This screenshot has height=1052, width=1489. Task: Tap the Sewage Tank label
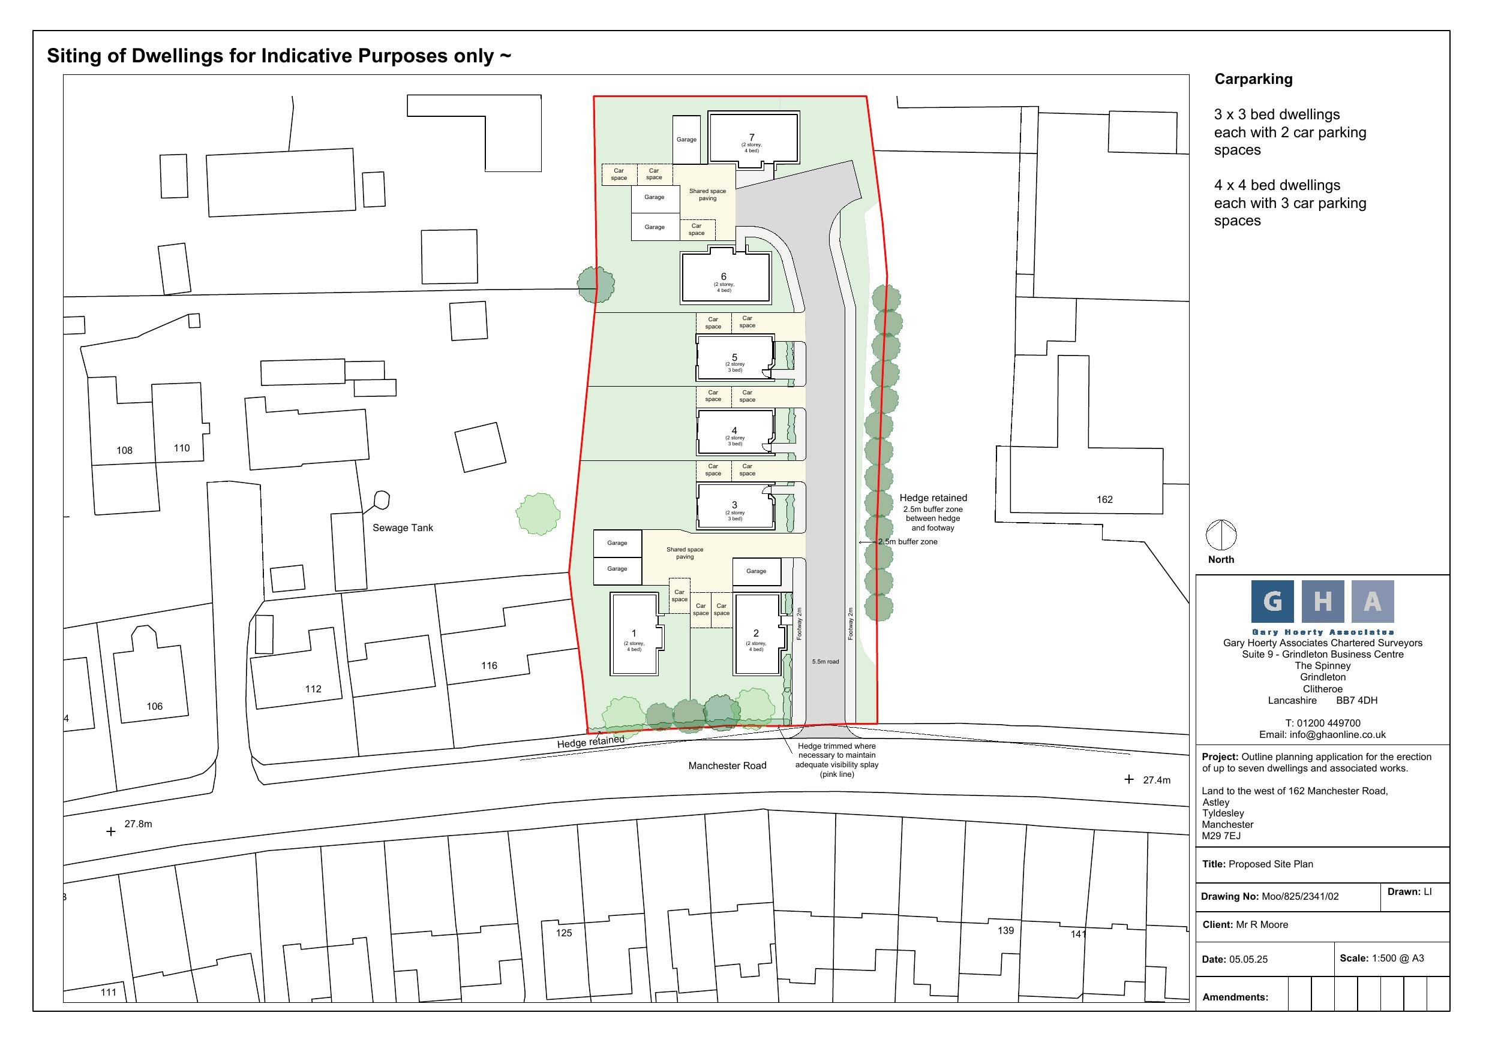click(x=403, y=527)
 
